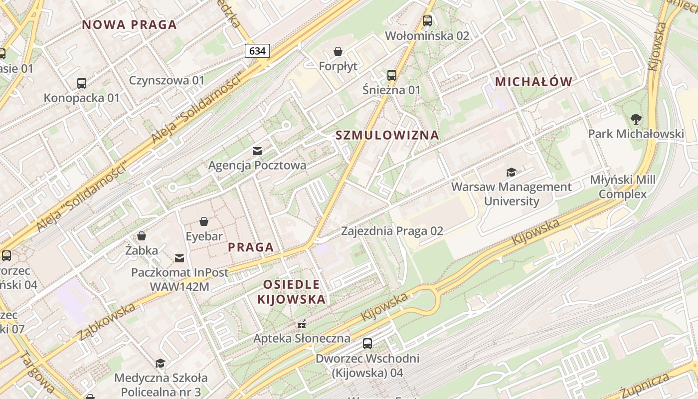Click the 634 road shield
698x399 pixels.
(x=257, y=50)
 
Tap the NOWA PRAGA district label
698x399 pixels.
(x=130, y=24)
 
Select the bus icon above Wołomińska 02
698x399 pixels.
(x=427, y=21)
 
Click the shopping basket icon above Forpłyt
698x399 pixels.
(x=338, y=51)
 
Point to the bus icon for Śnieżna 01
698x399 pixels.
(x=392, y=75)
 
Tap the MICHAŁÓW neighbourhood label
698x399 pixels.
(x=533, y=82)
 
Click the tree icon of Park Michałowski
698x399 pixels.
(x=636, y=119)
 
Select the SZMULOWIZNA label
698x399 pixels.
(x=387, y=135)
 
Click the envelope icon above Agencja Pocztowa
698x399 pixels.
(x=257, y=151)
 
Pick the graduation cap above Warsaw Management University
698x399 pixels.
(x=511, y=173)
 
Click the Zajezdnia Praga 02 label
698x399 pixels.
(x=392, y=231)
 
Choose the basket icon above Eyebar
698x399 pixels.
(x=204, y=221)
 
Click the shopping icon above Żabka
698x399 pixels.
(x=142, y=236)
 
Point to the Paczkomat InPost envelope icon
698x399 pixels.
(x=179, y=258)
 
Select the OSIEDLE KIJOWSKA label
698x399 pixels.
(x=292, y=292)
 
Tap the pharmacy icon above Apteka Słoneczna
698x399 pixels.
(x=301, y=324)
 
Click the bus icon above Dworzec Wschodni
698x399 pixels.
(x=367, y=344)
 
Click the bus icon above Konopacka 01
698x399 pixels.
(x=82, y=83)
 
